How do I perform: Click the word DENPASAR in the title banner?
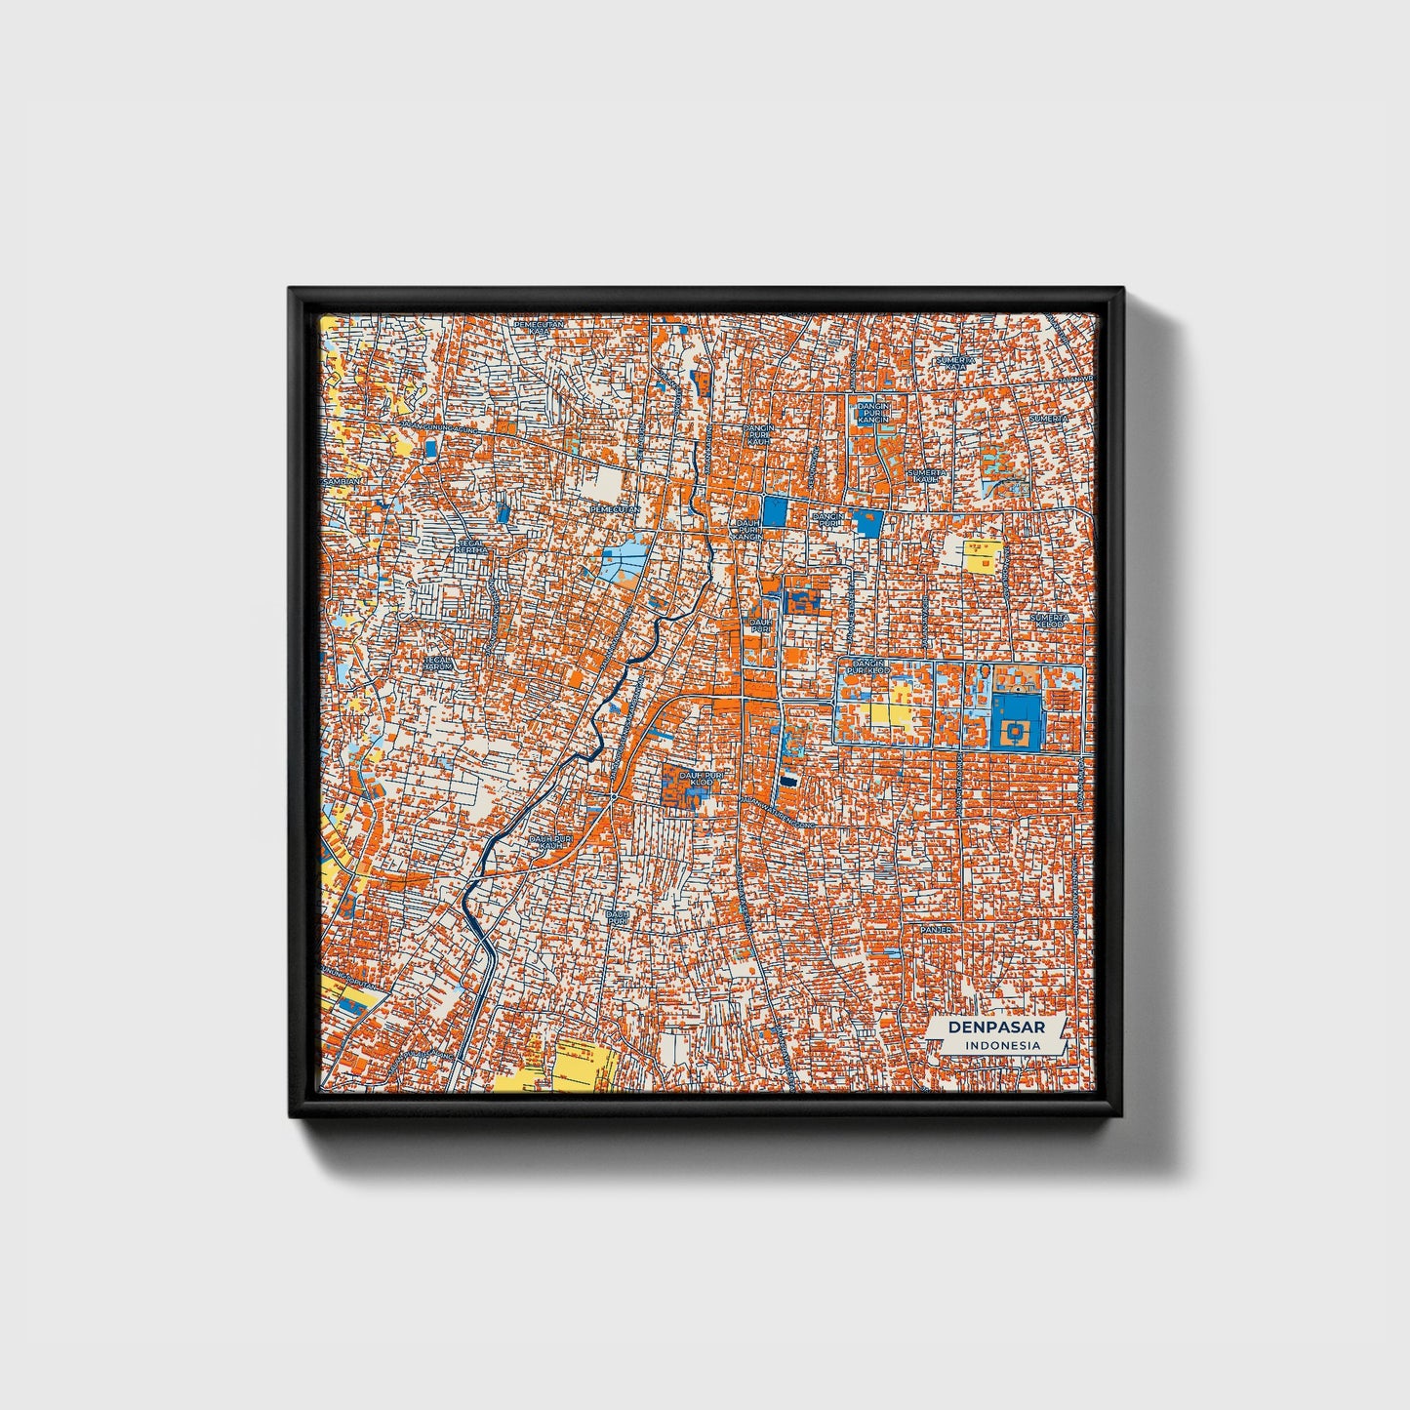click(995, 1027)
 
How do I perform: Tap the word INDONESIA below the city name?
click(1001, 1045)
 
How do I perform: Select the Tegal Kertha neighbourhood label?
click(471, 547)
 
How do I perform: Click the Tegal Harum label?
click(439, 663)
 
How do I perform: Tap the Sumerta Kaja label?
click(955, 363)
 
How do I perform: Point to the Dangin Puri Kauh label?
click(758, 434)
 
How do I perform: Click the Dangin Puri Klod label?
click(866, 667)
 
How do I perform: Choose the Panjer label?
click(938, 929)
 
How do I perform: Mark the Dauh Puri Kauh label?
click(549, 840)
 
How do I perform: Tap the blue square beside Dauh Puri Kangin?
click(775, 511)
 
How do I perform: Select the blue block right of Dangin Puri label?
click(866, 522)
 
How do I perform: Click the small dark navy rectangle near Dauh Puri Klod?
click(787, 782)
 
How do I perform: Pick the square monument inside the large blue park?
click(1016, 730)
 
